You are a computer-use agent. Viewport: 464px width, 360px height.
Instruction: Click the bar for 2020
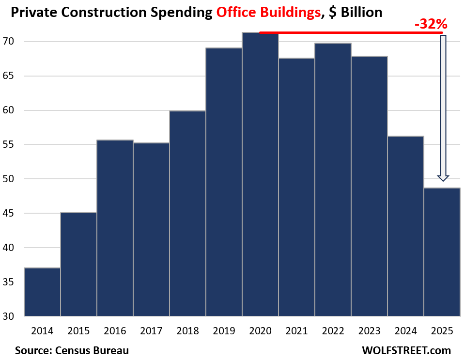click(x=260, y=174)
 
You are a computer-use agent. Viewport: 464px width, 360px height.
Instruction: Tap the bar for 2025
click(x=442, y=252)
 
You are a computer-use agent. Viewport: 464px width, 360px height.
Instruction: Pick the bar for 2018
click(x=187, y=213)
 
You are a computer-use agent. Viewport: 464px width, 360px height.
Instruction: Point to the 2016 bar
click(x=115, y=228)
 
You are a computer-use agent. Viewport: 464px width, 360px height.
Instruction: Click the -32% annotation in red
click(x=431, y=24)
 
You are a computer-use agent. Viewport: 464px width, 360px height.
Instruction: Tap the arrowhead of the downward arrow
click(x=443, y=178)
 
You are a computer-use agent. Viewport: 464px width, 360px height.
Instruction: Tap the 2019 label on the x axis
click(x=224, y=331)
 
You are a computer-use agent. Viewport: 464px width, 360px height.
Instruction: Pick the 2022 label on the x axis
click(x=333, y=331)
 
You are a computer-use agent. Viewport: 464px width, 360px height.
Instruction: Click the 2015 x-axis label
click(x=78, y=331)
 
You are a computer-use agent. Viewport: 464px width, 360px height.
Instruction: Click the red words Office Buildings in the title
click(x=268, y=12)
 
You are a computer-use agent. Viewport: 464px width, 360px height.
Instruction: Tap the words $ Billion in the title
click(x=355, y=12)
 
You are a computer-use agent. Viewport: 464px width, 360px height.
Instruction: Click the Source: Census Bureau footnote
click(x=72, y=350)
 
